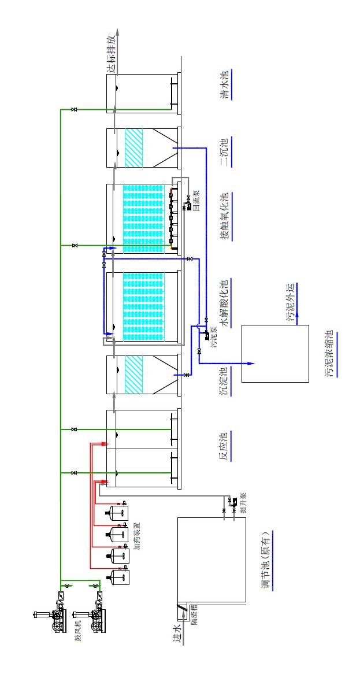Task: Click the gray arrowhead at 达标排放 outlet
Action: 116,32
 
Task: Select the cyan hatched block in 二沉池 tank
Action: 133,147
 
